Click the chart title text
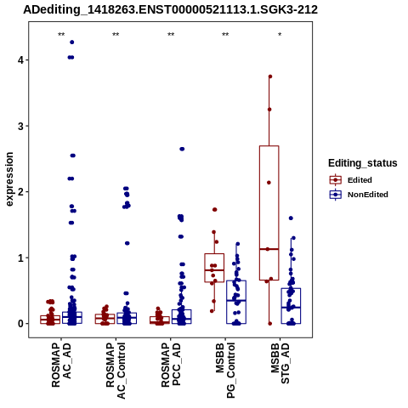[170, 10]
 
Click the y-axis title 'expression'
[9, 179]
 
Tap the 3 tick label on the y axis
[21, 126]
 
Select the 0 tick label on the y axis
[21, 324]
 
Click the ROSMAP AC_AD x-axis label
[61, 365]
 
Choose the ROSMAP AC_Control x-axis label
[116, 371]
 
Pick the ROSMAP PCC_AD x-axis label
[171, 365]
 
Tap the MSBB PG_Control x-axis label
[225, 371]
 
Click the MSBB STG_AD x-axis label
[280, 364]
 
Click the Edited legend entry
[351, 180]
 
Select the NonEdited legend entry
[359, 195]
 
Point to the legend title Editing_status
[363, 163]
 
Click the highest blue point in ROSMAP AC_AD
[72, 42]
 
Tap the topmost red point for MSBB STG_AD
[270, 76]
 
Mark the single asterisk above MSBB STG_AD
[280, 35]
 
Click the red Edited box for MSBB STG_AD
[259, 213]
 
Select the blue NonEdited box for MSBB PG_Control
[227, 302]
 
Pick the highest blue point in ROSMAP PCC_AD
[182, 149]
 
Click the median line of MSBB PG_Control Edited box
[214, 270]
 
